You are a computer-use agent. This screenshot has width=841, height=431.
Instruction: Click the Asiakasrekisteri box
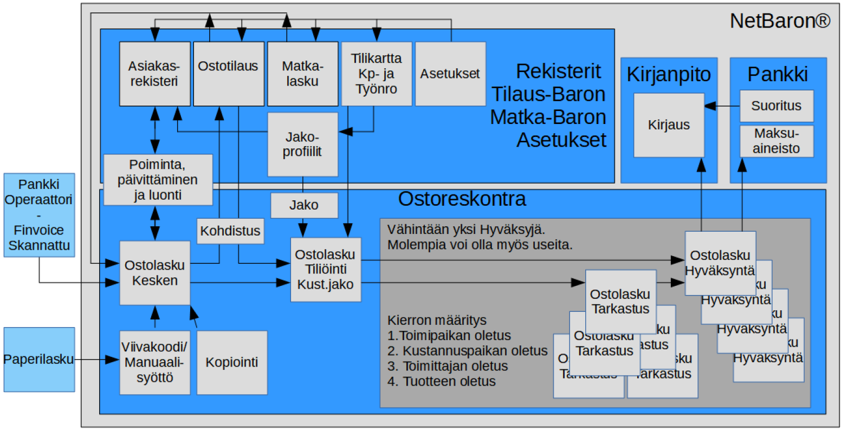tap(154, 74)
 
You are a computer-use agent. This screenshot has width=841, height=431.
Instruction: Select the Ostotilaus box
tap(228, 74)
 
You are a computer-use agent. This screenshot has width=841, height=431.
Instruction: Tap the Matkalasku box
tap(302, 74)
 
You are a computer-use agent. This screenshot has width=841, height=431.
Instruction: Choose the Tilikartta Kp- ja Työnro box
tap(376, 74)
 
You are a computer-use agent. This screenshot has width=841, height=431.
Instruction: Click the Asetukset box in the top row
tap(450, 74)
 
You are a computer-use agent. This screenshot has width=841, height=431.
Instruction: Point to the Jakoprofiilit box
tap(302, 144)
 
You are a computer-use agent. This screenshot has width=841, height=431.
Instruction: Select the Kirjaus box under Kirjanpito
tap(669, 125)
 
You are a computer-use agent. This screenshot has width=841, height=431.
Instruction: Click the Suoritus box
tap(776, 106)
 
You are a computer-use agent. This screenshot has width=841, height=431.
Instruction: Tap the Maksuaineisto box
tap(776, 141)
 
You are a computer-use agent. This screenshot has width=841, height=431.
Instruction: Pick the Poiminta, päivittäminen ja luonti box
tap(158, 180)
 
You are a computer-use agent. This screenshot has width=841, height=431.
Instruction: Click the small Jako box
tap(304, 205)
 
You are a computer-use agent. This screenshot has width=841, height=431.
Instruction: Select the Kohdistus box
tap(230, 231)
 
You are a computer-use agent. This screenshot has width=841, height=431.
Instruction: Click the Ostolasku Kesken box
tap(154, 273)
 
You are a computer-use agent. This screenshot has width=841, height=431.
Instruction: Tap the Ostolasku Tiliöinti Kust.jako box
tap(325, 270)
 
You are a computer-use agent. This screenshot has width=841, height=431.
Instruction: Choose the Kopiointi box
tap(231, 362)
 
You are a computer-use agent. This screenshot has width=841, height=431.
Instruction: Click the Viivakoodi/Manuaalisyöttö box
tap(154, 362)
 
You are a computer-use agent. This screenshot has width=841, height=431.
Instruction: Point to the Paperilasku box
tap(39, 360)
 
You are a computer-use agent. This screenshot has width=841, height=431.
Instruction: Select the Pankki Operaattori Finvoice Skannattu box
tap(39, 215)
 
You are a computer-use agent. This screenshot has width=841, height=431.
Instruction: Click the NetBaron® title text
tap(779, 21)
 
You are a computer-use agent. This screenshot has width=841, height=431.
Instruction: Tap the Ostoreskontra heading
tap(462, 199)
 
